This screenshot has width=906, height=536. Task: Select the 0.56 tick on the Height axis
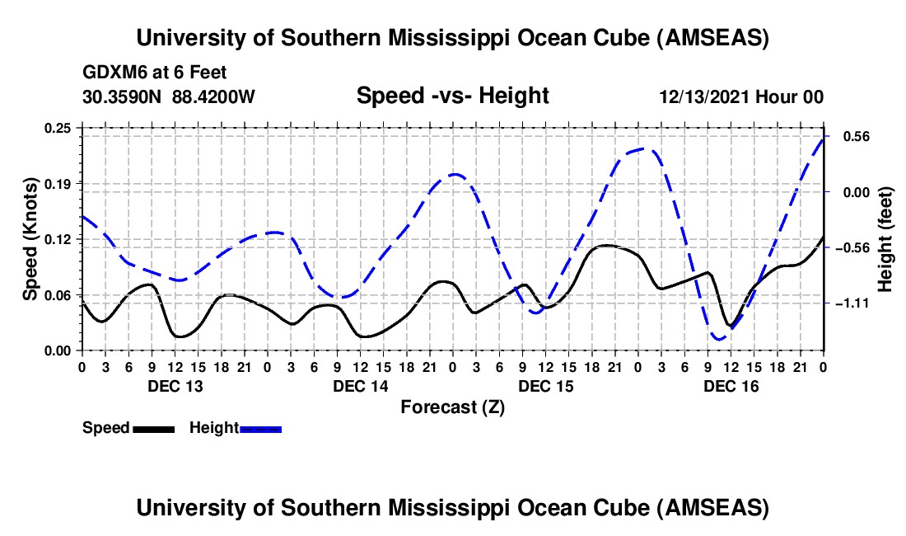click(x=848, y=136)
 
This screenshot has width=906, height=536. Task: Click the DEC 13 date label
click(x=175, y=385)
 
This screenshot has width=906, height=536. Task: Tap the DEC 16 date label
click(x=731, y=385)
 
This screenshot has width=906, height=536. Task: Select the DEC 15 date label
click(x=546, y=385)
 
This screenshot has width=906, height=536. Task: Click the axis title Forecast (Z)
click(x=452, y=407)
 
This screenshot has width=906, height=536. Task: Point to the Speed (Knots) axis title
click(x=30, y=238)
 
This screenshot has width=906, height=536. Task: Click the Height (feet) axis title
click(x=885, y=239)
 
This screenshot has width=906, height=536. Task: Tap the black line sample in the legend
click(x=152, y=428)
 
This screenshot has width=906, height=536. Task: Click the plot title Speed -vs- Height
click(x=452, y=96)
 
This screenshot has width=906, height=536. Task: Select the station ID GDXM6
click(x=113, y=73)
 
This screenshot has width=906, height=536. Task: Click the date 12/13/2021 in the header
click(x=705, y=96)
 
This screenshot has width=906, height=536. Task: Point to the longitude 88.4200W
click(x=214, y=96)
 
